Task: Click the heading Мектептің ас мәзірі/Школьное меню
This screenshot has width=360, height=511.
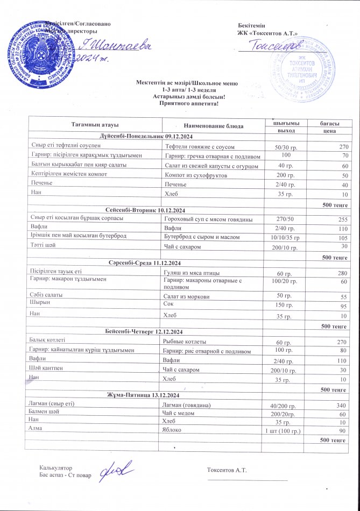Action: point(187,83)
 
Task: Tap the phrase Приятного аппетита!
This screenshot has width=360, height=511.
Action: point(188,103)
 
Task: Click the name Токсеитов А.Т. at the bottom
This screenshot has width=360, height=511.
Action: point(227,470)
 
